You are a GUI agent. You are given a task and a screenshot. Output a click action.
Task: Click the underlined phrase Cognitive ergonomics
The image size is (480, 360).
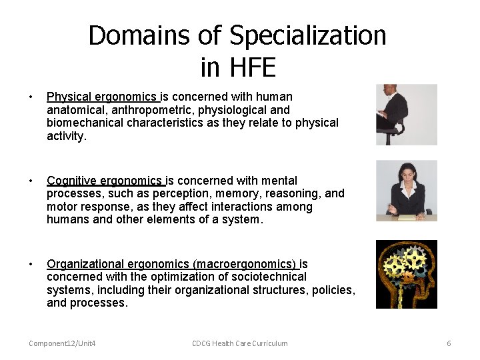point(105,181)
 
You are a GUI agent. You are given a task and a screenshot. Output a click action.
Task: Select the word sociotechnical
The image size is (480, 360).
point(269,277)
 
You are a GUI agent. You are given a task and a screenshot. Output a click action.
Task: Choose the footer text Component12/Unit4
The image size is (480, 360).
point(62,343)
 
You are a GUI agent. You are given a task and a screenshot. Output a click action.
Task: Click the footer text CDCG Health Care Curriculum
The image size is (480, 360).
point(240,343)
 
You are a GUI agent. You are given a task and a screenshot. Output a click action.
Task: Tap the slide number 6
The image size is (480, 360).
point(449,343)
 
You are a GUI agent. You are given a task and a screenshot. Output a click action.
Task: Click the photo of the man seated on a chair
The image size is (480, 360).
point(406,115)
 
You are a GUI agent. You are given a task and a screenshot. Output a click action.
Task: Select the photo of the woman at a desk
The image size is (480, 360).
point(406,191)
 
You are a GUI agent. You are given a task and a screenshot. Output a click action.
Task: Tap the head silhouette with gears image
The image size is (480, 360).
point(406,274)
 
